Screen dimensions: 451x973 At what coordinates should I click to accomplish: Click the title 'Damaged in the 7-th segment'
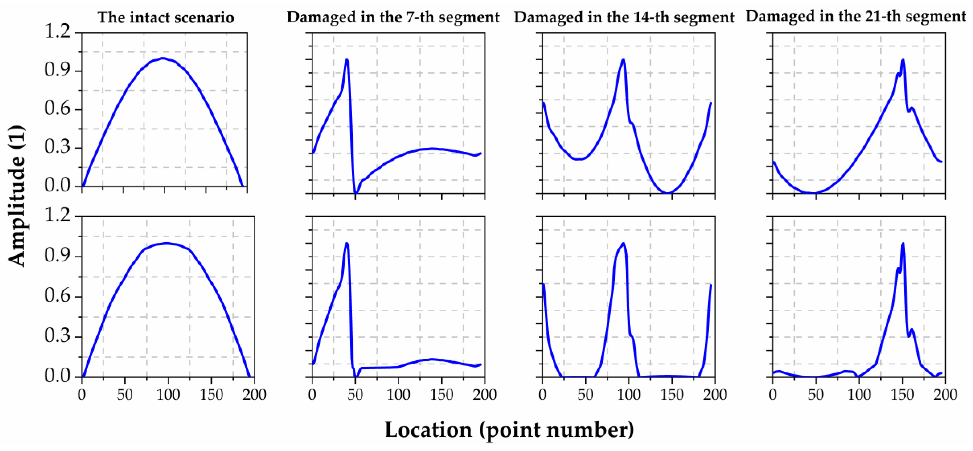pos(393,17)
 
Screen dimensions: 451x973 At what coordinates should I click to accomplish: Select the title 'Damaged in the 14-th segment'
pos(624,17)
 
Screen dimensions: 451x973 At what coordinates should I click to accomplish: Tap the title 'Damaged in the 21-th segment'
pos(856,16)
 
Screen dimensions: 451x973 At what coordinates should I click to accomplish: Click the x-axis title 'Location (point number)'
pos(509,430)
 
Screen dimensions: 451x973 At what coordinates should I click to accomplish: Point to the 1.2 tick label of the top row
pos(57,31)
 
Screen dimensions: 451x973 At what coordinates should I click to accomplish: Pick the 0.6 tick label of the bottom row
pos(57,296)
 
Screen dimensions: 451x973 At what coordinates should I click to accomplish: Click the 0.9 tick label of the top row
pos(57,70)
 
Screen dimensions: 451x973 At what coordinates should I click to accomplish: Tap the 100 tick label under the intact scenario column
pos(168,395)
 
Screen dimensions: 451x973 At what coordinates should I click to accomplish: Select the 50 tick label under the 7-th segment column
pos(355,395)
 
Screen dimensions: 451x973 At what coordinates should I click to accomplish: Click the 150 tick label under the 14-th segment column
pos(672,395)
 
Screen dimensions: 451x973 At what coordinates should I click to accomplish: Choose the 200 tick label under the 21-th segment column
pos(945,395)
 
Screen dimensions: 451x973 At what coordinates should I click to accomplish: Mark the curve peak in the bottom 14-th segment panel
pos(623,243)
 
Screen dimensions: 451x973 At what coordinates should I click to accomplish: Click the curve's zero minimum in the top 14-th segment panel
pos(668,193)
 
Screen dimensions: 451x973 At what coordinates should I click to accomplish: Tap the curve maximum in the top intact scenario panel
pos(163,58)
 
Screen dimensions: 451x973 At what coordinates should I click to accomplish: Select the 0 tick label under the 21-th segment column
pos(773,395)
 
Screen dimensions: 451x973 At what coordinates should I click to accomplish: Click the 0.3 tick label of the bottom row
pos(57,336)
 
